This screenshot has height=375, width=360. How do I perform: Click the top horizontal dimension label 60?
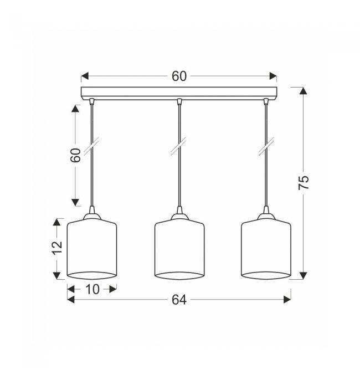coord(179,76)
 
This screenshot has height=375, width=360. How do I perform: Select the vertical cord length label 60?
coord(75,155)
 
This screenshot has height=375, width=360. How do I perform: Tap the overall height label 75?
coord(304,183)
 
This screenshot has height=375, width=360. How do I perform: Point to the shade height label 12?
coord(58,248)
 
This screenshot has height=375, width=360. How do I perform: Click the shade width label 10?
coord(92,289)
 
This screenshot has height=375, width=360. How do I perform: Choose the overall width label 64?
coord(179,300)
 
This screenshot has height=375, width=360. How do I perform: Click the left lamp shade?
coord(92,249)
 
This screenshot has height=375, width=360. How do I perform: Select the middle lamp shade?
coord(179,249)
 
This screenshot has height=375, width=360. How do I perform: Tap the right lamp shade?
coord(266,249)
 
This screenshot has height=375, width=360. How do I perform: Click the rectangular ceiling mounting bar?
coord(179,93)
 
